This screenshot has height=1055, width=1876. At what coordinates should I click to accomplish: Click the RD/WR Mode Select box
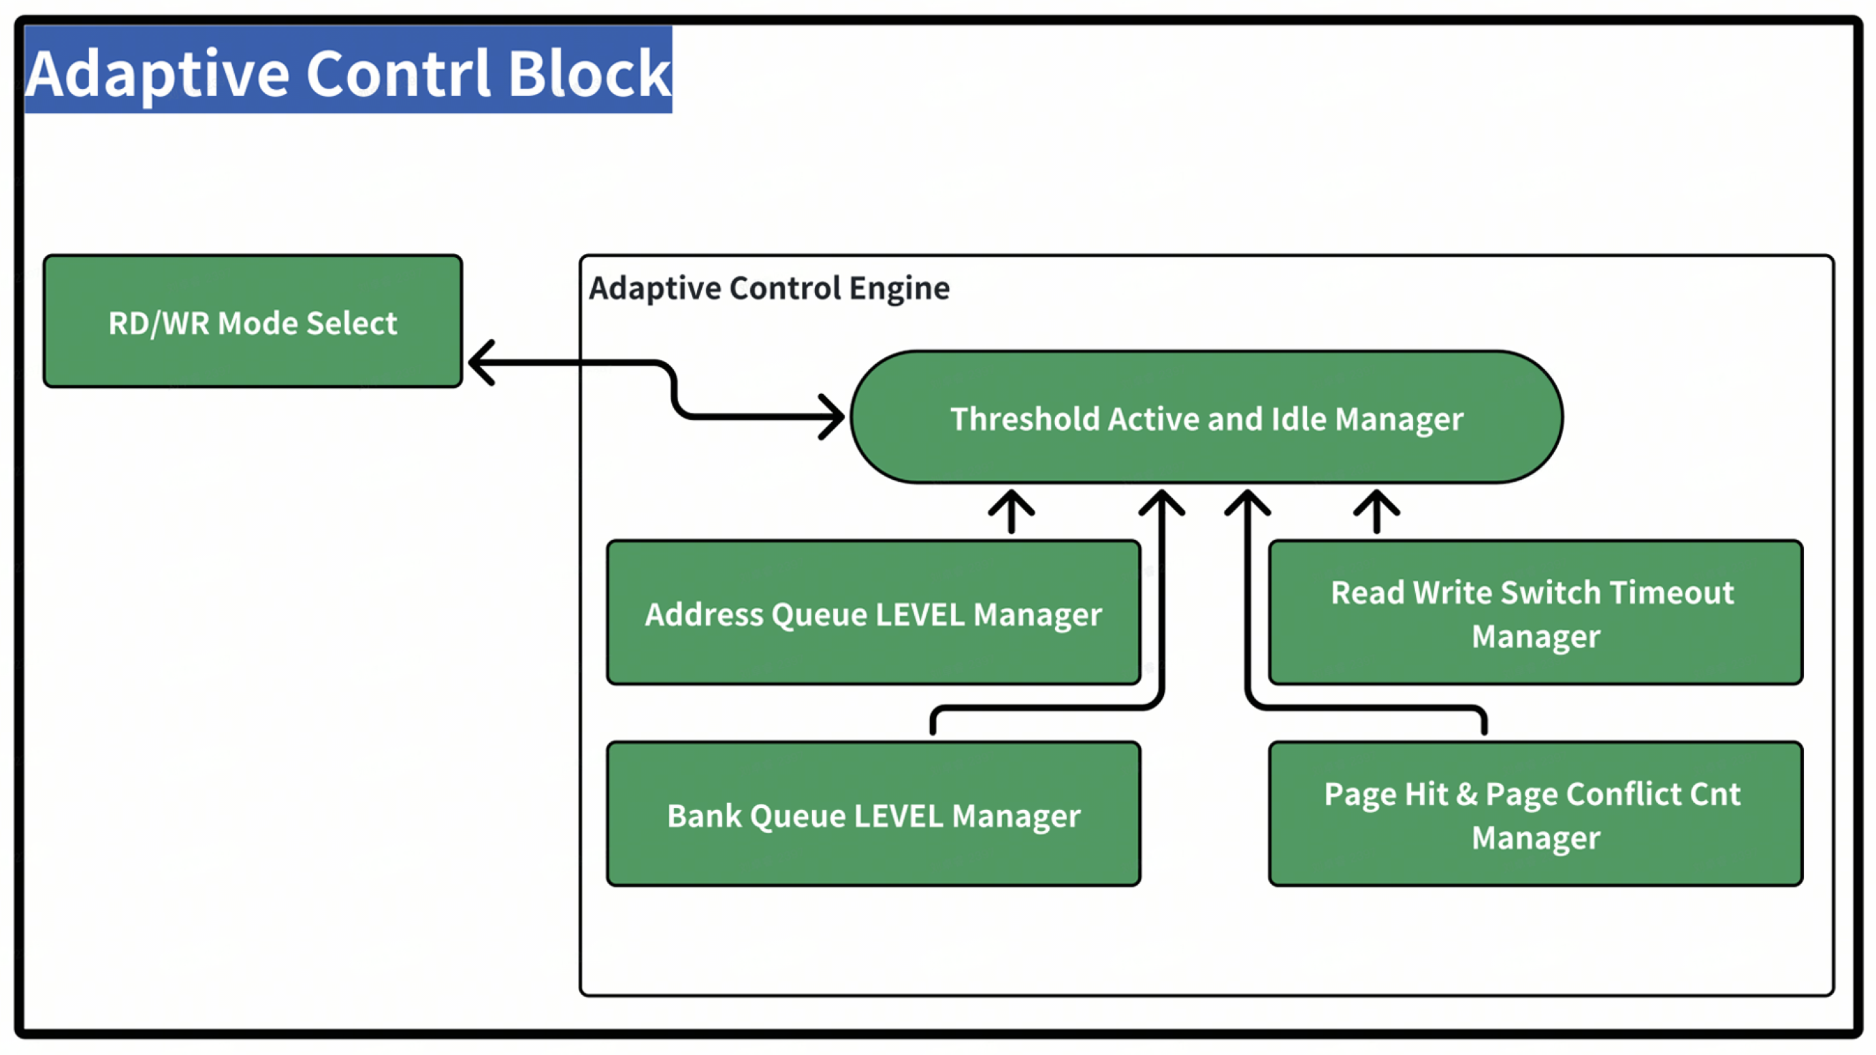pos(252,321)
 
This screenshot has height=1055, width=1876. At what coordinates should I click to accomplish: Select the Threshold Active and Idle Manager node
pos(1206,417)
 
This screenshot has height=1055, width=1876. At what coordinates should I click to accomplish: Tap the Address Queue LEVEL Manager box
pos(873,613)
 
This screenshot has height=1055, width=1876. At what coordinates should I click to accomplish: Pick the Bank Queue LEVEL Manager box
pos(873,813)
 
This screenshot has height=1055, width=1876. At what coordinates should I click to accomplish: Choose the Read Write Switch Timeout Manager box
pos(1535,613)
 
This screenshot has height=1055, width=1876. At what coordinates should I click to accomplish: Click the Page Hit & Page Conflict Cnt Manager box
pos(1535,813)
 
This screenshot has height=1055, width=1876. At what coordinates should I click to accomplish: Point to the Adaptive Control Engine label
pos(769,289)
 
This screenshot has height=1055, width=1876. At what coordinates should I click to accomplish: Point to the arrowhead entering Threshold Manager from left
pos(832,417)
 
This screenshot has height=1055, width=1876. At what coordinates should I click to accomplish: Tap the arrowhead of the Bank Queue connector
pos(1161,502)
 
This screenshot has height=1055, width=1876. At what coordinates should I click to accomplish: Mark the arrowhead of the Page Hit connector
pos(1248,502)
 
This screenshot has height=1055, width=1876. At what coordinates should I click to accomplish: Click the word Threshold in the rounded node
pos(1024,419)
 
